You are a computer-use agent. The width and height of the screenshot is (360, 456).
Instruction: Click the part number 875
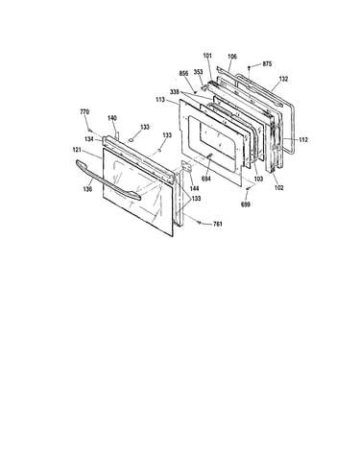pyautogui.click(x=267, y=64)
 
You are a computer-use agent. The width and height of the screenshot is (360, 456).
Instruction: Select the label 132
pyautogui.click(x=283, y=79)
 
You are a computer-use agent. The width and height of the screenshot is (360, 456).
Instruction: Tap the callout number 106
pyautogui.click(x=232, y=57)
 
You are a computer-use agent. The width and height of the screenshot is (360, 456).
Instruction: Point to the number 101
pyautogui.click(x=207, y=56)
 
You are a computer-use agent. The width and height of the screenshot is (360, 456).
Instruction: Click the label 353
pyautogui.click(x=198, y=72)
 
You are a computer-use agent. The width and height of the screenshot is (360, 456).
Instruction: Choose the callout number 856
pyautogui.click(x=183, y=74)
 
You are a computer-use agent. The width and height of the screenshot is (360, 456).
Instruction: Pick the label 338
pyautogui.click(x=175, y=92)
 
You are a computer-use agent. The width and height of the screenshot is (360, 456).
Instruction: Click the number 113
pyautogui.click(x=160, y=100)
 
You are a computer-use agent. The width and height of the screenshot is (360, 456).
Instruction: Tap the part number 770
pyautogui.click(x=84, y=112)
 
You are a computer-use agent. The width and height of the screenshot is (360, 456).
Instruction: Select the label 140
pyautogui.click(x=112, y=118)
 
